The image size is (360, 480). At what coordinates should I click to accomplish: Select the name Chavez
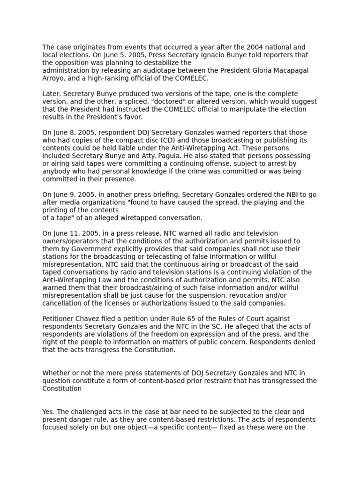coord(88,319)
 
